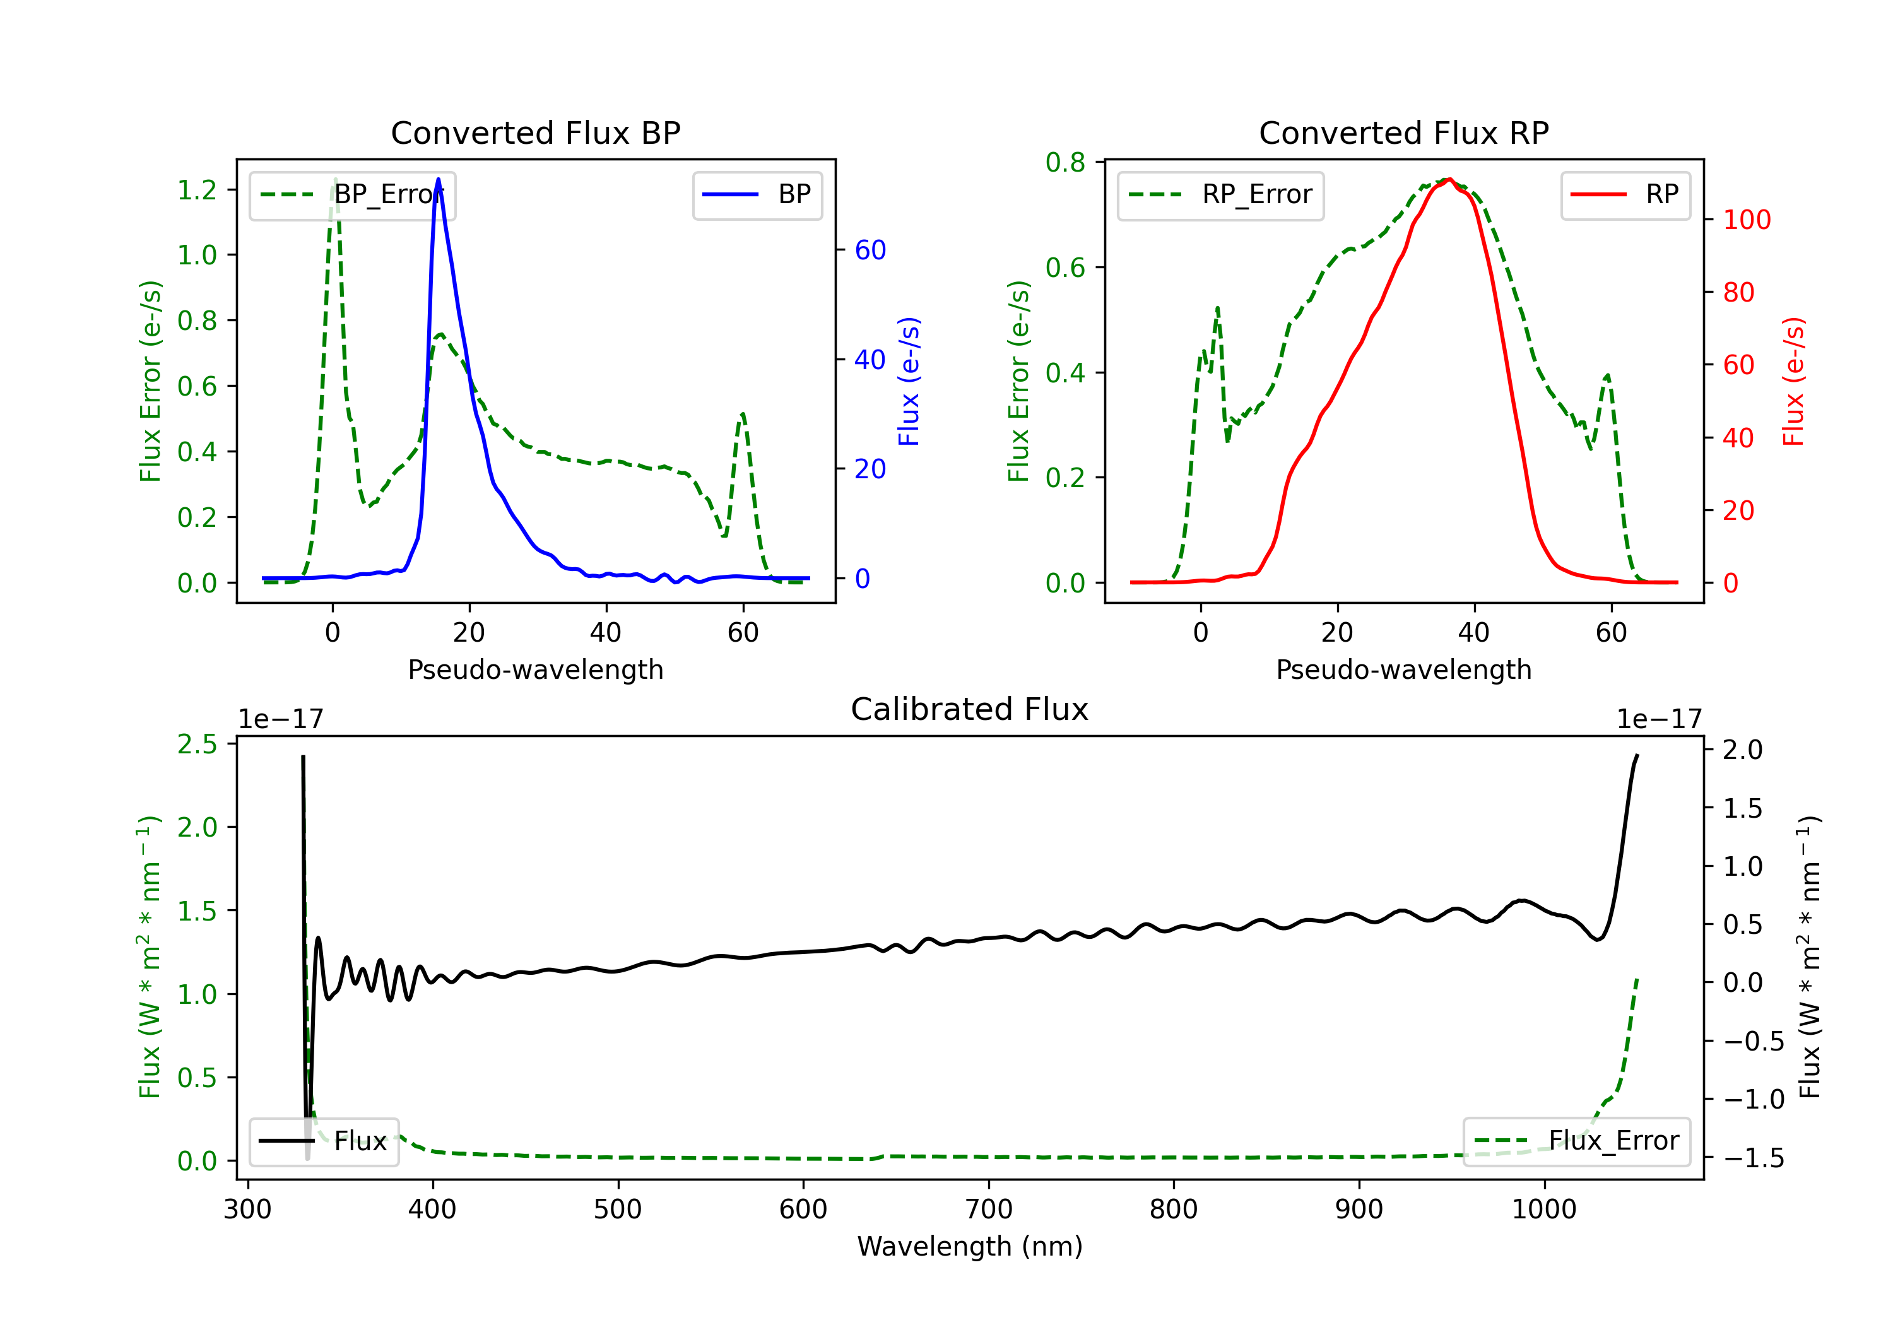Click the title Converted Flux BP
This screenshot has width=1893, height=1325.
(535, 132)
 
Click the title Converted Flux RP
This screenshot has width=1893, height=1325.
(1403, 132)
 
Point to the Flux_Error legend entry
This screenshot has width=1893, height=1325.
(1576, 1141)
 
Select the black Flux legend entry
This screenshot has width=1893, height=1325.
(324, 1141)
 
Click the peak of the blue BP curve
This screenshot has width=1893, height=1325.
(438, 180)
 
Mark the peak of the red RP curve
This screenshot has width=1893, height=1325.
(1449, 179)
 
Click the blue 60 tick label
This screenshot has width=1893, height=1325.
(870, 250)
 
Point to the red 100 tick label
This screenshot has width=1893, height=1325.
(1746, 220)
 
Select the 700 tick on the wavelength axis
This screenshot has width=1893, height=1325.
(989, 1210)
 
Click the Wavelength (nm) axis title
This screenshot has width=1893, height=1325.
(970, 1246)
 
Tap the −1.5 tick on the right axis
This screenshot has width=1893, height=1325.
(1753, 1158)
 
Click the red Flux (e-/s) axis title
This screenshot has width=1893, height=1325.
(1794, 382)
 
